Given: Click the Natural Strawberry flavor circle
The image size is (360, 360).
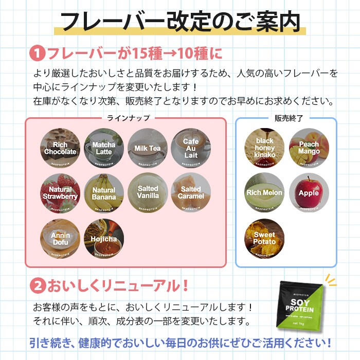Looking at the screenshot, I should pyautogui.click(x=60, y=193).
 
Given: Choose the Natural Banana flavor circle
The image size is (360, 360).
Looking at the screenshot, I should pyautogui.click(x=104, y=193).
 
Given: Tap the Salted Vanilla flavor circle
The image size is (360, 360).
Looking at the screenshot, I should pyautogui.click(x=148, y=193).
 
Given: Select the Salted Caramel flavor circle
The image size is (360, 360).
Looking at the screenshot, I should pyautogui.click(x=191, y=193).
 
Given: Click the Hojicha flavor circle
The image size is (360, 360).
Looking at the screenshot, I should pyautogui.click(x=104, y=239).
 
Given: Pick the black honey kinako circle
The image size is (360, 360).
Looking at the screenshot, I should pyautogui.click(x=264, y=148).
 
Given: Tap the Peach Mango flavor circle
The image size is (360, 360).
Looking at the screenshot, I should pyautogui.click(x=309, y=148).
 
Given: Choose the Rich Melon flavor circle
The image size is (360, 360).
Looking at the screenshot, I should pyautogui.click(x=264, y=193).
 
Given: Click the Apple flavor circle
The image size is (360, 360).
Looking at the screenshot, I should pyautogui.click(x=309, y=193).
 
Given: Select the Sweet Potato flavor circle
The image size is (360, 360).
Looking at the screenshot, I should pyautogui.click(x=264, y=238).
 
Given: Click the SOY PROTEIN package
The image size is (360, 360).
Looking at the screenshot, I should pyautogui.click(x=299, y=308).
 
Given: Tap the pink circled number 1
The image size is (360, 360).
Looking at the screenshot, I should pyautogui.click(x=37, y=53).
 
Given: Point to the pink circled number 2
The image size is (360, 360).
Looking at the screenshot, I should pyautogui.click(x=37, y=284).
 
